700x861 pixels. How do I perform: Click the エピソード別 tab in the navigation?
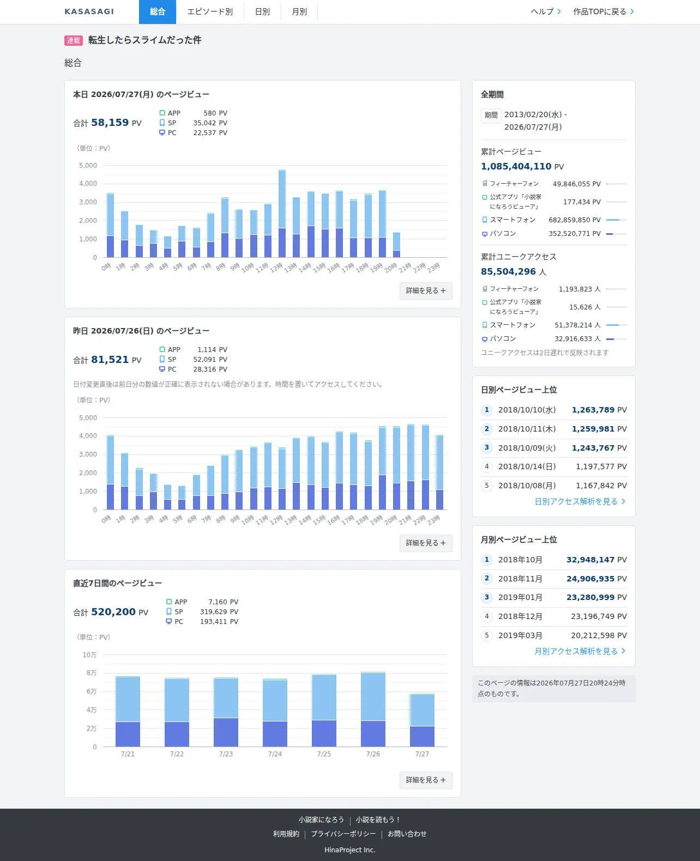tap(210, 12)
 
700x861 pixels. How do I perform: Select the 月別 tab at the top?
tap(299, 12)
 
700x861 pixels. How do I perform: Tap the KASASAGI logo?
tap(89, 12)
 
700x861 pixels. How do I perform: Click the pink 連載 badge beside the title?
tap(73, 40)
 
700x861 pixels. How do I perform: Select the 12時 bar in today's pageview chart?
tap(282, 214)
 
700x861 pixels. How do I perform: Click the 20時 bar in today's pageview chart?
tap(397, 245)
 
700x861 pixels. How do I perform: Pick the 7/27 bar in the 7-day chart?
tap(422, 720)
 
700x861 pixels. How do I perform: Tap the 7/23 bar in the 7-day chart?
tap(226, 712)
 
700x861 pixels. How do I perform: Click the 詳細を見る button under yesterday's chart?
tap(426, 543)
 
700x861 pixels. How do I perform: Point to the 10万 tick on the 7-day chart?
tap(89, 655)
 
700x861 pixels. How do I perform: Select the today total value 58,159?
tap(110, 123)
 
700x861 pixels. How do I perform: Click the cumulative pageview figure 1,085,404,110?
tap(516, 166)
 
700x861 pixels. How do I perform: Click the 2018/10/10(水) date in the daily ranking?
tap(527, 410)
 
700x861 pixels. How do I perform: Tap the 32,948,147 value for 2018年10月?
tap(590, 560)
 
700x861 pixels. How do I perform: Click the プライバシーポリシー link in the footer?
tap(343, 834)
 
